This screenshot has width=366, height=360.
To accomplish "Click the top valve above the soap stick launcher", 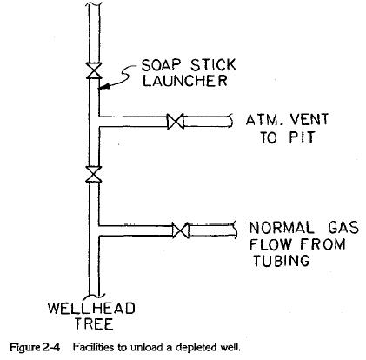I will (x=91, y=67).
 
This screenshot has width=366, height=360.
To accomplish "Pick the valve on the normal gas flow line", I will (x=181, y=230).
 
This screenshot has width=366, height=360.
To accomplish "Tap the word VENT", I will (x=301, y=120).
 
